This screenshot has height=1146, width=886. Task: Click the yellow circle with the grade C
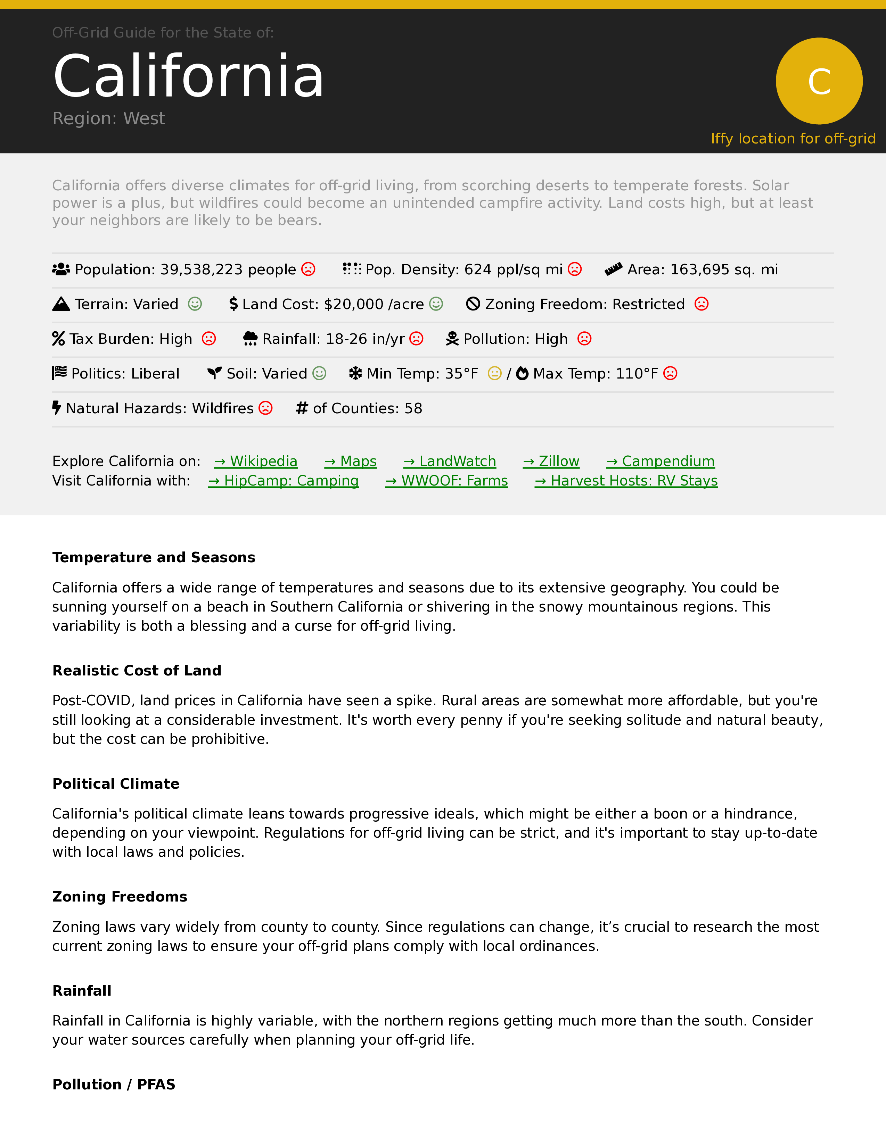click(x=819, y=81)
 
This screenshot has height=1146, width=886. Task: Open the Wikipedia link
click(x=256, y=461)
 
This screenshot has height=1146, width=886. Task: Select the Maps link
click(x=350, y=461)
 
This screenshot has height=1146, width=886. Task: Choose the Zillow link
click(x=551, y=461)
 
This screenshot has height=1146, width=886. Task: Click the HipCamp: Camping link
click(x=284, y=481)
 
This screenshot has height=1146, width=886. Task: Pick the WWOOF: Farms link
click(x=447, y=481)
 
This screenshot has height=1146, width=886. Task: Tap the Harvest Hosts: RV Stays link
click(x=626, y=481)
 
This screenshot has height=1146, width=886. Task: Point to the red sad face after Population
click(x=309, y=269)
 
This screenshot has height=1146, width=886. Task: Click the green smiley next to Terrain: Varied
click(x=195, y=304)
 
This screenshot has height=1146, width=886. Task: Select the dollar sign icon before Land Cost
click(x=233, y=304)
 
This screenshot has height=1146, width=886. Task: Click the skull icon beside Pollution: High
click(x=452, y=339)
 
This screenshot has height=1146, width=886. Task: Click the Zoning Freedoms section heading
click(x=120, y=896)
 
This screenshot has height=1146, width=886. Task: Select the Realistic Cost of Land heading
click(x=137, y=670)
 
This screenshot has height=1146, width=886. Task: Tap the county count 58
click(x=413, y=408)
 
